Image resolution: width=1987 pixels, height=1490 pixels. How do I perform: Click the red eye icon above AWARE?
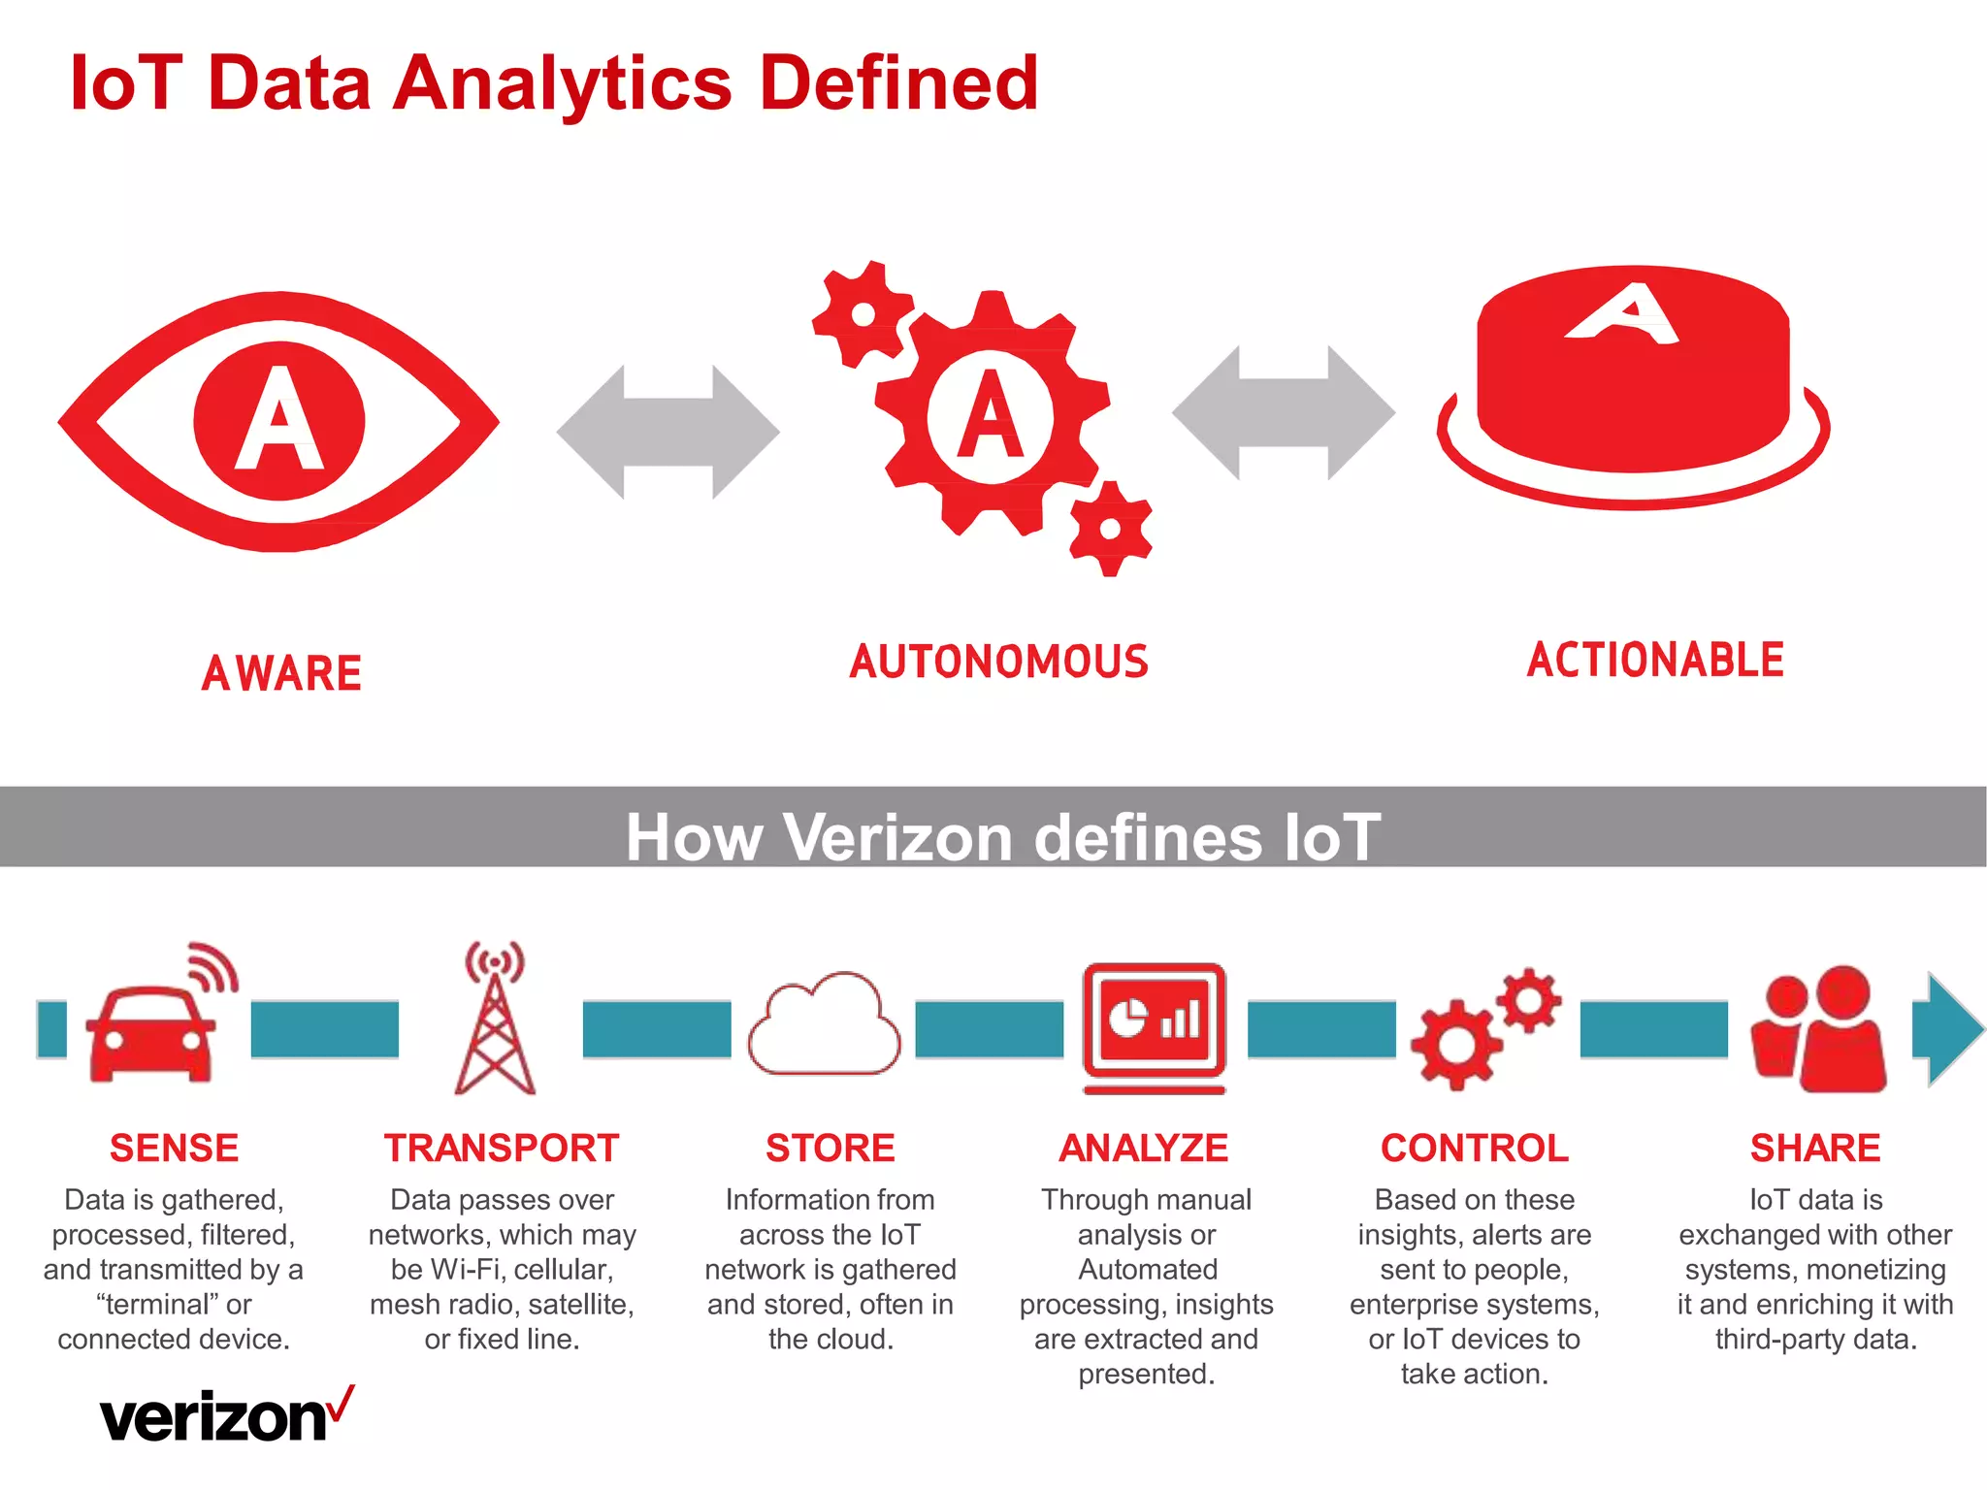279,421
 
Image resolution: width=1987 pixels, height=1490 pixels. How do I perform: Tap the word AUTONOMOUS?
999,662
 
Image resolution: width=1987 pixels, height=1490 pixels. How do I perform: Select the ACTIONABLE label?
1655,660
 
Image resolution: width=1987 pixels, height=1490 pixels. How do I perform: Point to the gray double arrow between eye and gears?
668,432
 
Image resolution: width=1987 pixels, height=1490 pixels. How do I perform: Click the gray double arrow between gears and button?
1283,413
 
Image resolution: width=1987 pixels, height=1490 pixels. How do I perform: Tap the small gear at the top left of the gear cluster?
862,314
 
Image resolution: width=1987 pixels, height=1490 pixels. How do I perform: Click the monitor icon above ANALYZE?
1155,1024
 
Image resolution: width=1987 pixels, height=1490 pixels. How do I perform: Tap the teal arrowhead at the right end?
1948,1028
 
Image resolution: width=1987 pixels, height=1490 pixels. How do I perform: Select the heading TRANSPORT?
502,1149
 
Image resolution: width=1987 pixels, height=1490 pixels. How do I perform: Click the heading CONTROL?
1475,1149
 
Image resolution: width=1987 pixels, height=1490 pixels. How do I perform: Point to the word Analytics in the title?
563,83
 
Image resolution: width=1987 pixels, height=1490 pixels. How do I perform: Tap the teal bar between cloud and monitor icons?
990,1028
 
